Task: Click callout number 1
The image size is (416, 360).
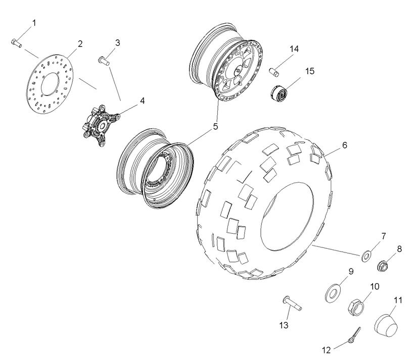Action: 34,23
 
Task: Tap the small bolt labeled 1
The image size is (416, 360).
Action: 16,43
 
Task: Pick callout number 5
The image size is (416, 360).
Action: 215,126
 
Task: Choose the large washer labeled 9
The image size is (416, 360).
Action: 332,291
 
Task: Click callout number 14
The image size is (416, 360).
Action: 294,48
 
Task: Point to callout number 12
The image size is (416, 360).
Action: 326,348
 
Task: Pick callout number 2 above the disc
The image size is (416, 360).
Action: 80,44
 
